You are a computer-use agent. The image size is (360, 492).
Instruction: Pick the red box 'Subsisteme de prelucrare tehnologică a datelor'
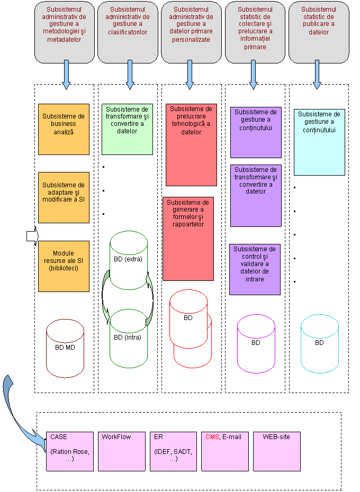click(x=191, y=144)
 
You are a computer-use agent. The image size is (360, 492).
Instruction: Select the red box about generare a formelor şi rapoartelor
click(x=188, y=239)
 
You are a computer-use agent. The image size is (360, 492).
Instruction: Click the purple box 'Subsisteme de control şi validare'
click(x=255, y=269)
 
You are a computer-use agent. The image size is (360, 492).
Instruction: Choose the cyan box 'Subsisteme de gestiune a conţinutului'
click(x=319, y=142)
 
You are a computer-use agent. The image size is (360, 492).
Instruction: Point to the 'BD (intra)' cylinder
click(x=128, y=339)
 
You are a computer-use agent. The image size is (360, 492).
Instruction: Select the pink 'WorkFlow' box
click(x=121, y=451)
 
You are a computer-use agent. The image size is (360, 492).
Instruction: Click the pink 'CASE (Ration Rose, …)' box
click(x=69, y=451)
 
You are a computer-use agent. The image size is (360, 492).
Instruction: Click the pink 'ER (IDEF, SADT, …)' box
click(x=173, y=451)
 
